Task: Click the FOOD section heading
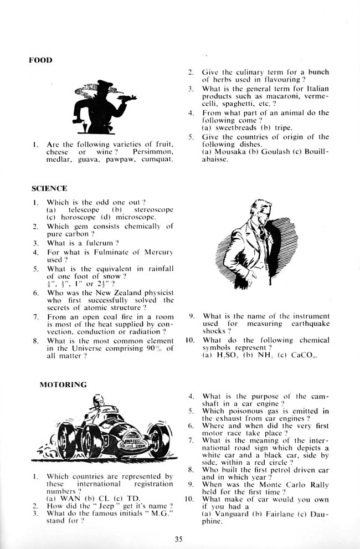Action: (40, 60)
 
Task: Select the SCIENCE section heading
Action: (49, 188)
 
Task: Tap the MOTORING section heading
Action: (63, 384)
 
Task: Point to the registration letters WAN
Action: (67, 497)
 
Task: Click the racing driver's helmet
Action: (99, 398)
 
